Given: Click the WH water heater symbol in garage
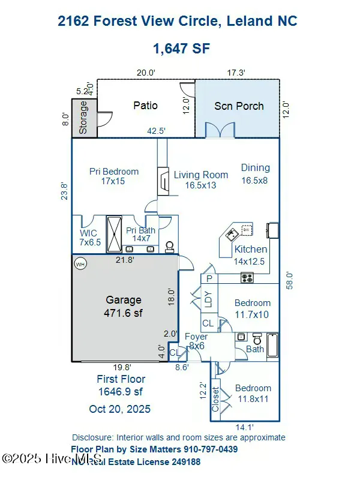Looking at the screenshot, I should [x=80, y=263].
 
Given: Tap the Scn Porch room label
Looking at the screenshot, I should [x=239, y=106].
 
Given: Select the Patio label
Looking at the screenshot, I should [x=145, y=106].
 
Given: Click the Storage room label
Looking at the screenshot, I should [x=83, y=117].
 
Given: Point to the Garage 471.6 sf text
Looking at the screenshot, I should [x=124, y=306].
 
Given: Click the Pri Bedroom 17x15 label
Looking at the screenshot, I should [x=114, y=176].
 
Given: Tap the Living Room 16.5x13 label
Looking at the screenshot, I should [x=201, y=180].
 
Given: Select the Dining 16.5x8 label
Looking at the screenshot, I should [x=256, y=173].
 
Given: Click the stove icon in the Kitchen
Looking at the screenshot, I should [x=247, y=277].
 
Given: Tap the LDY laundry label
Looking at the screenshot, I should [x=208, y=299].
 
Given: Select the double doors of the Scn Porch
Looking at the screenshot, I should [x=218, y=131].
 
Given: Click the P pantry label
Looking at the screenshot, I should [x=209, y=278].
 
